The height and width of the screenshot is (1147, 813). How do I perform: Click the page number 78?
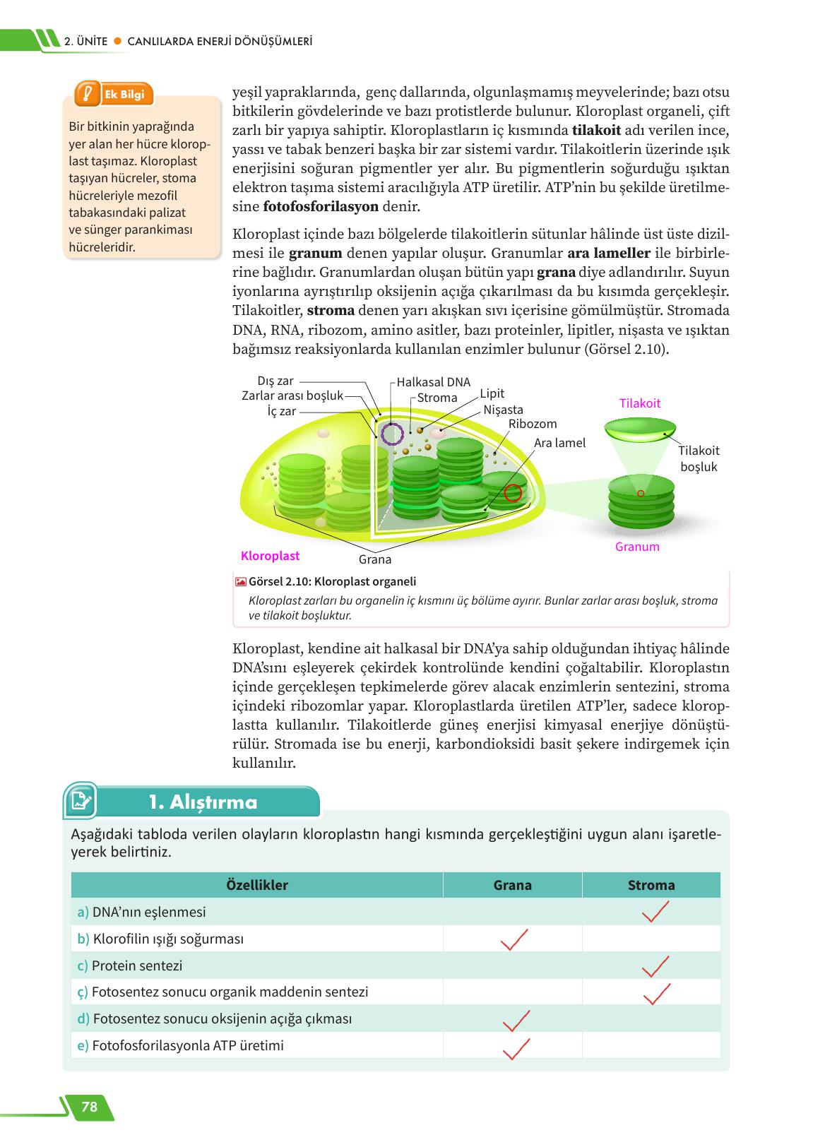coord(90,1107)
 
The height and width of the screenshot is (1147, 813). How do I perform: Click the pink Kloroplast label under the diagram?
coord(270,556)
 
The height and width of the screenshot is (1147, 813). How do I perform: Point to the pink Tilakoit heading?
coord(639,403)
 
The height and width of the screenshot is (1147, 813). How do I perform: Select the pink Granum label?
coord(636,547)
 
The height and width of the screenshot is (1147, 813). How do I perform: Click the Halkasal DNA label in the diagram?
coord(433,382)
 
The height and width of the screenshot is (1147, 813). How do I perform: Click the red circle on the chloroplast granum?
coord(513,493)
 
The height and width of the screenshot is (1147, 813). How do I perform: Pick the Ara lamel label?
coord(559,443)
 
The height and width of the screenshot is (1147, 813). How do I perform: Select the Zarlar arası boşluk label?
coord(292,396)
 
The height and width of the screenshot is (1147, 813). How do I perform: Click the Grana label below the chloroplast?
coord(374,559)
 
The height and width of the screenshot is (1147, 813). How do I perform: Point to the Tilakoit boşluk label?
coord(698,458)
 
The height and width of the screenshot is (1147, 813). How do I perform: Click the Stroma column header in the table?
coord(651,885)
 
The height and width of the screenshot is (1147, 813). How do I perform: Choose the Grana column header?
coord(512,885)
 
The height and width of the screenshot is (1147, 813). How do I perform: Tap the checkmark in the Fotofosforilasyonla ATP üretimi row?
coord(516,1049)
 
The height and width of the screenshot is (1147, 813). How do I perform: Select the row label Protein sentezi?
coord(137,965)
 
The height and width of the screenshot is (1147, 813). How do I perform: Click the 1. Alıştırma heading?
coord(203,802)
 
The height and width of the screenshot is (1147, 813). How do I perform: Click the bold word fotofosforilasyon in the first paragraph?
coord(321,207)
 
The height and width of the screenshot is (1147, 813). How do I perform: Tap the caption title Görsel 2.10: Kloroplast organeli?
coord(332,581)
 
